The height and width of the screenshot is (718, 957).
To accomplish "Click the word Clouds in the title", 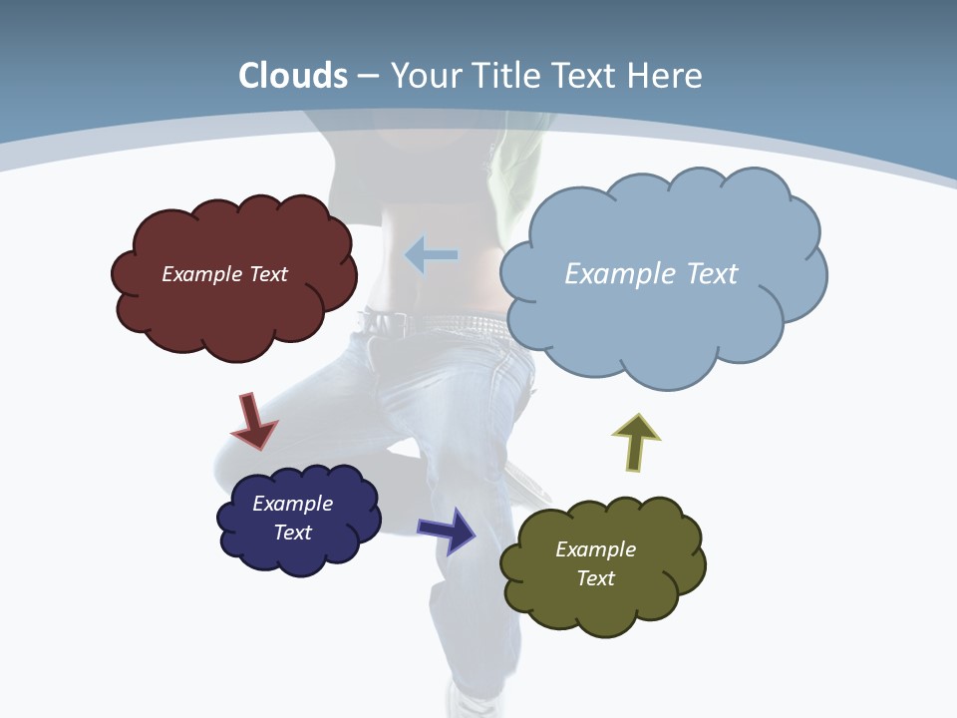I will point(293,76).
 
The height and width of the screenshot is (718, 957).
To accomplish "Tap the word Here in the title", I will point(666,76).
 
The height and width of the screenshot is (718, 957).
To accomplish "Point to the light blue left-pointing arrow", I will point(431,255).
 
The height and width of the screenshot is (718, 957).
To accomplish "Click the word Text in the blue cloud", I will point(710,274).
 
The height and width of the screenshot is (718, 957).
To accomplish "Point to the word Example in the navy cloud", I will point(292,504).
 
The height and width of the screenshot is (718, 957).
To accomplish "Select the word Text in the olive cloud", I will point(595,578).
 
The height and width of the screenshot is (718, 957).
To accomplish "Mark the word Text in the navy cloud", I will point(292,533).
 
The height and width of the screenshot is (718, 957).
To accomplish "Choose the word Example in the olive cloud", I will point(595,549).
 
